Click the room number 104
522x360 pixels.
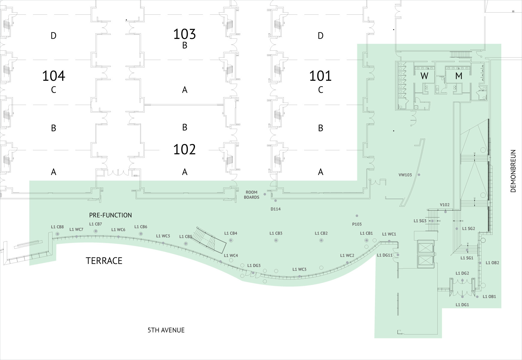[x=54, y=76]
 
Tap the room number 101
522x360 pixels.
[x=320, y=76]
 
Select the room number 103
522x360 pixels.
[x=184, y=34]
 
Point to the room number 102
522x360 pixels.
[x=184, y=149]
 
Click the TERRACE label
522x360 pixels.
[x=104, y=261]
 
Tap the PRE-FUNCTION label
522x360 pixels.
[x=110, y=215]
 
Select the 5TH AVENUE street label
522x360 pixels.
[x=166, y=330]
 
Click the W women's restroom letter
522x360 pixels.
[x=424, y=76]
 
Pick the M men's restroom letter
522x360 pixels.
[x=458, y=76]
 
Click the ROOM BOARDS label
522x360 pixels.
[x=251, y=195]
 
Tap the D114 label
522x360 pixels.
[x=275, y=209]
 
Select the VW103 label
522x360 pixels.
[x=405, y=175]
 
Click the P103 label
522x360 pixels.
[x=357, y=224]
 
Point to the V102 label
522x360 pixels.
[x=445, y=205]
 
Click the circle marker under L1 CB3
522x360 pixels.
[x=276, y=240]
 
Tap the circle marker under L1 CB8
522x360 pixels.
[x=57, y=234]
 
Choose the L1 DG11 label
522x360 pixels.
[x=385, y=255]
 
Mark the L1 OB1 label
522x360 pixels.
[x=489, y=297]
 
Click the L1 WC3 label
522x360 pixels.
[x=299, y=269]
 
